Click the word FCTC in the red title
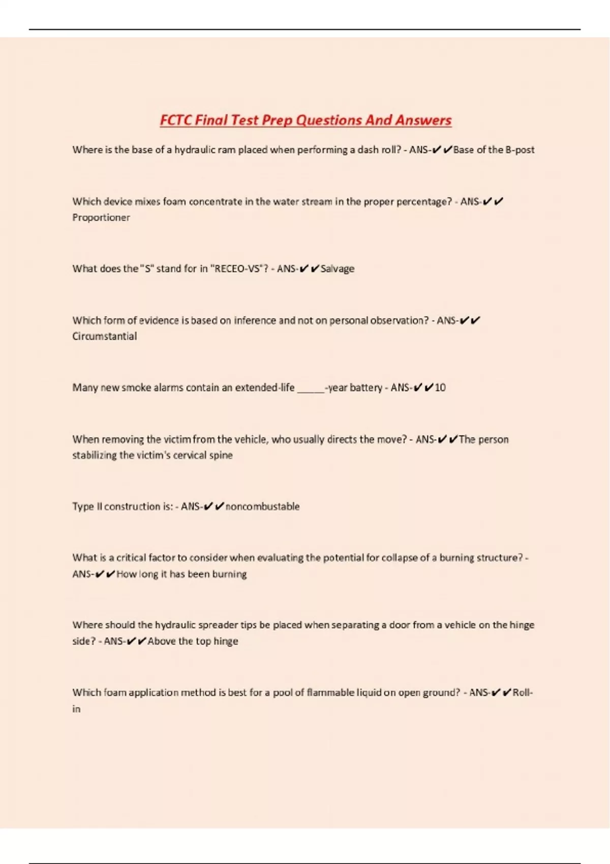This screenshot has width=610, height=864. click(x=176, y=120)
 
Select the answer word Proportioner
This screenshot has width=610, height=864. click(x=101, y=218)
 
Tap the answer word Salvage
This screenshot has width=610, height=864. click(x=338, y=269)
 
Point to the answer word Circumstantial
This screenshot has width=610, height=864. click(x=104, y=336)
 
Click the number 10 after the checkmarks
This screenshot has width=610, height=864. click(x=440, y=388)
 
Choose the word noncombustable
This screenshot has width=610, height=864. click(x=262, y=507)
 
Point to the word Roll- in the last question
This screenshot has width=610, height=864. click(x=523, y=693)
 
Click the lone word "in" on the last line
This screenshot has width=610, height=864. click(x=76, y=709)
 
